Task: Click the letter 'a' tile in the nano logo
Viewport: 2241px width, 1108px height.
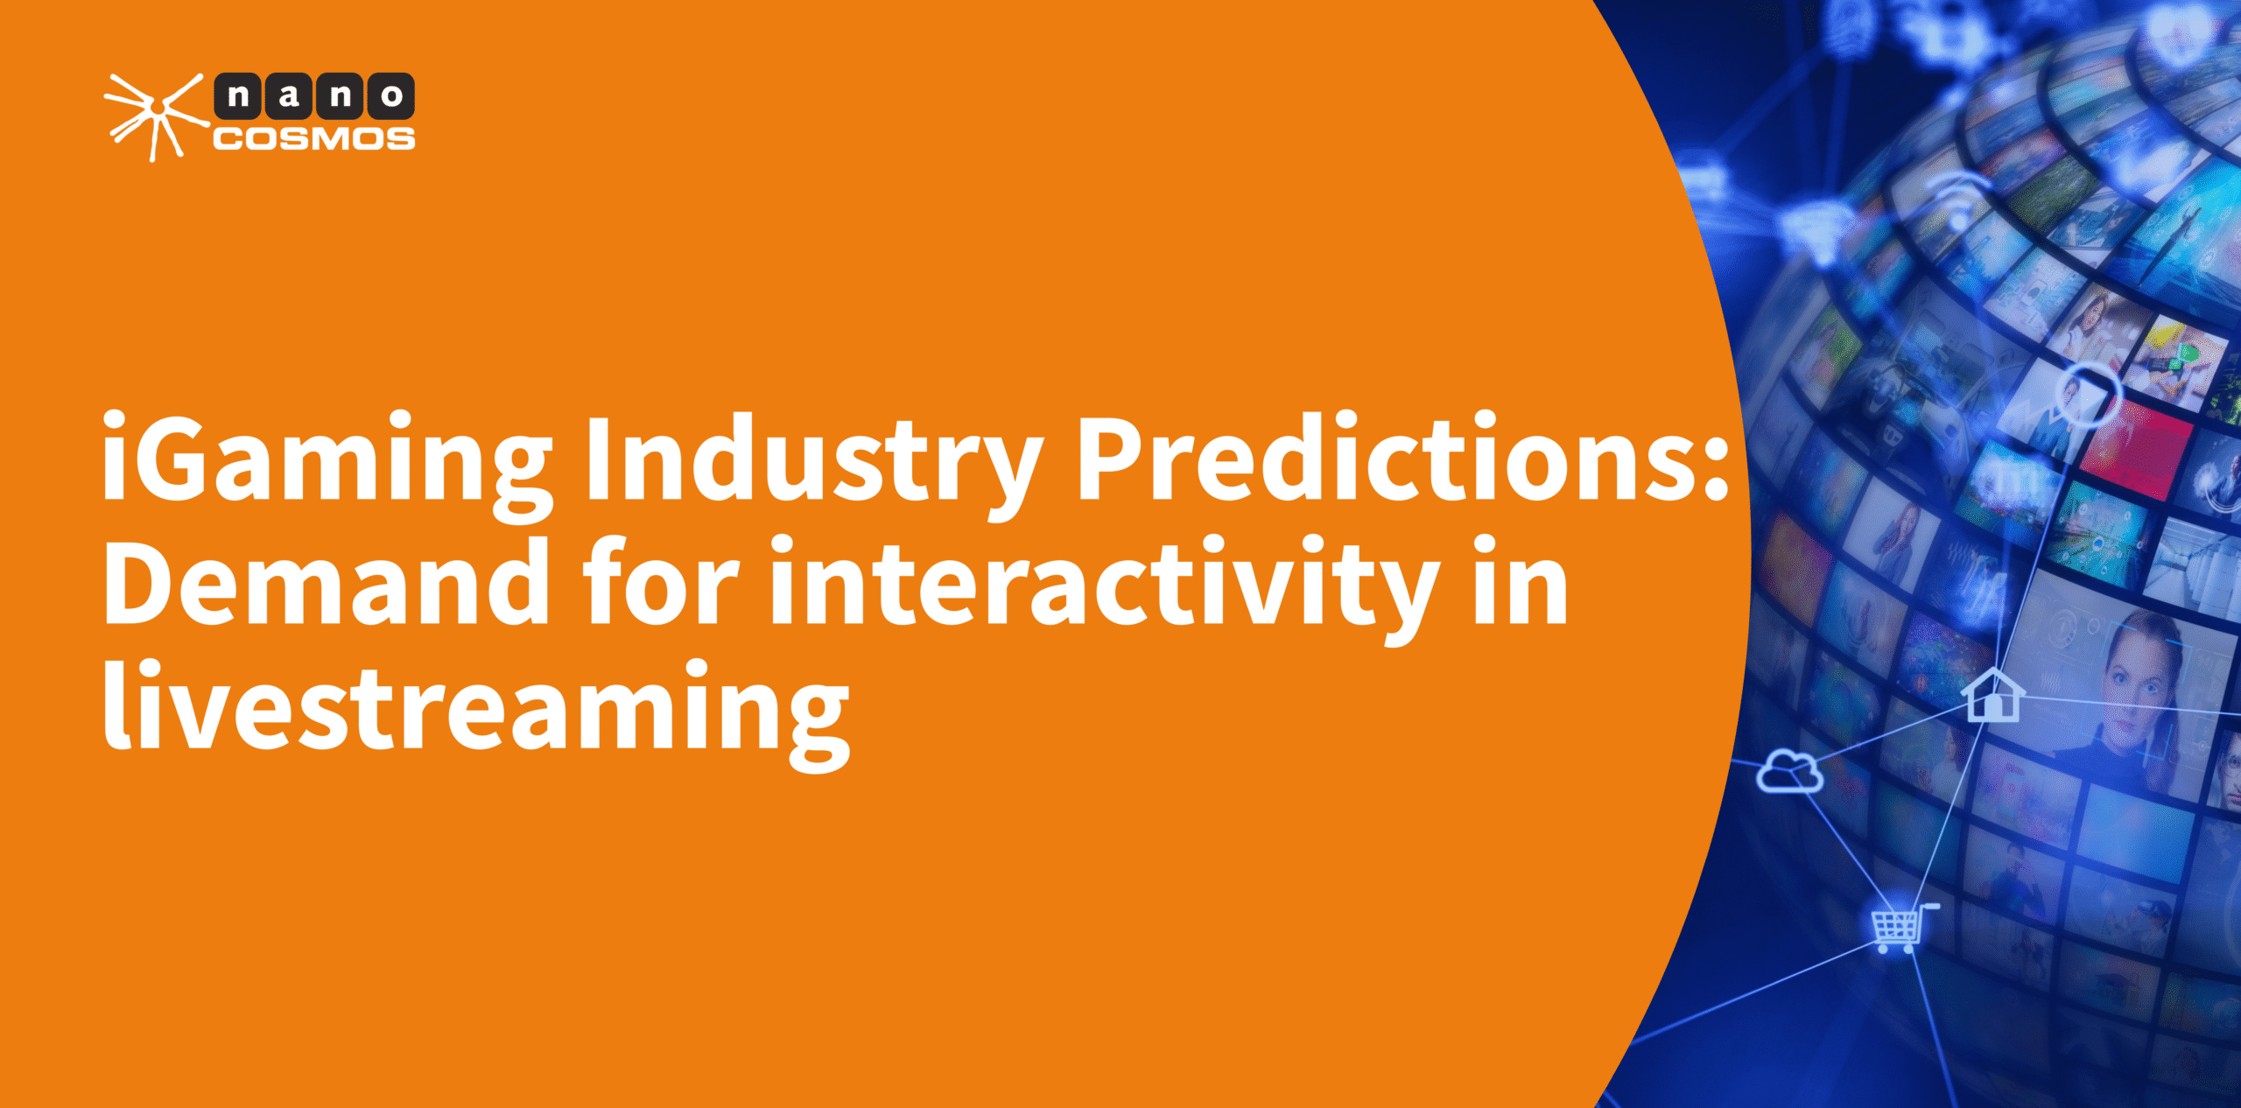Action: (x=289, y=96)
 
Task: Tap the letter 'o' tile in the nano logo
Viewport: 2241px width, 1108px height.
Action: (x=391, y=96)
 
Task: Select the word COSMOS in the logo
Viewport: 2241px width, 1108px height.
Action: (x=314, y=139)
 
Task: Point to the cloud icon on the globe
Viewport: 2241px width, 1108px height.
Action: (x=1789, y=771)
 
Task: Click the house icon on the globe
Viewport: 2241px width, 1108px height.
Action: (x=1993, y=696)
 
